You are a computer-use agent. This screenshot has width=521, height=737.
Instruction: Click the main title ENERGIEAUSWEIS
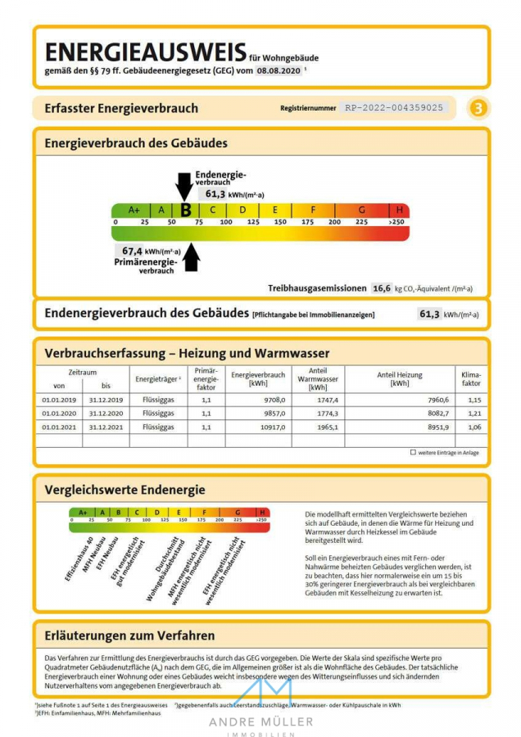145,52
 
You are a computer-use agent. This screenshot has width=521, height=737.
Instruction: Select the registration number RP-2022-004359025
394,107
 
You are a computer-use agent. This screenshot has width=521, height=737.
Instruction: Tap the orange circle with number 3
478,108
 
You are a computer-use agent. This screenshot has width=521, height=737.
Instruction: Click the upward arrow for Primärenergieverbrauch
191,257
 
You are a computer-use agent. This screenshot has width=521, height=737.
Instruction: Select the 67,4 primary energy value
132,251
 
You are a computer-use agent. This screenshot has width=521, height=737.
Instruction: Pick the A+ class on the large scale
134,210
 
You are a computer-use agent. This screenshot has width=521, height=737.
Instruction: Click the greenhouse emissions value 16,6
381,288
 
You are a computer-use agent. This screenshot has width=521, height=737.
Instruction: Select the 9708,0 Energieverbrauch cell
269,399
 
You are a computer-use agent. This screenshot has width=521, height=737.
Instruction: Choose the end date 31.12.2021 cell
106,427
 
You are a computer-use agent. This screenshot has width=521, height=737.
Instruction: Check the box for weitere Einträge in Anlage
413,452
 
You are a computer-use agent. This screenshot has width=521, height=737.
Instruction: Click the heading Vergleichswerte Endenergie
125,490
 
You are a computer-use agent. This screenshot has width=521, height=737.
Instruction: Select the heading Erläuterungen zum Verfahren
129,635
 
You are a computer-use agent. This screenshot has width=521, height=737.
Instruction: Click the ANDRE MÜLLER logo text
260,721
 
